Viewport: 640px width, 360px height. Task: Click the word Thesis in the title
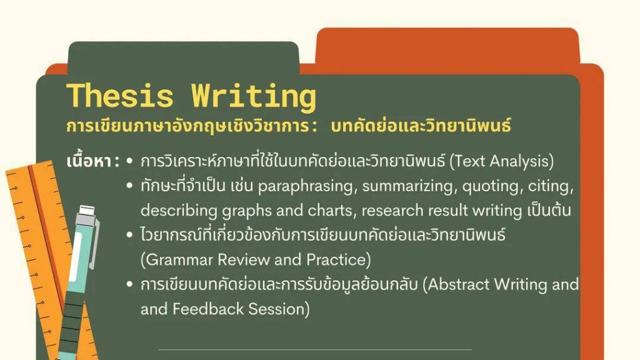pyautogui.click(x=120, y=96)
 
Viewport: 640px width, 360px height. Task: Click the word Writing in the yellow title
pyautogui.click(x=254, y=97)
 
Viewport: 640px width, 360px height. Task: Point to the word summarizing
pyautogui.click(x=408, y=187)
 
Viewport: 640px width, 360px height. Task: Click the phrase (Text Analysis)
pyautogui.click(x=502, y=161)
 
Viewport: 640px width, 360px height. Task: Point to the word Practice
pyautogui.click(x=338, y=259)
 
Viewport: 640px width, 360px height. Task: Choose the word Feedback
pyautogui.click(x=207, y=309)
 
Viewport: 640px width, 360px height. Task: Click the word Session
pyautogui.click(x=279, y=309)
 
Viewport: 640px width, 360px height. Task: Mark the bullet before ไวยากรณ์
pyautogui.click(x=130, y=235)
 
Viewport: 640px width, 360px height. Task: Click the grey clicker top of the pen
pyautogui.click(x=86, y=211)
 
